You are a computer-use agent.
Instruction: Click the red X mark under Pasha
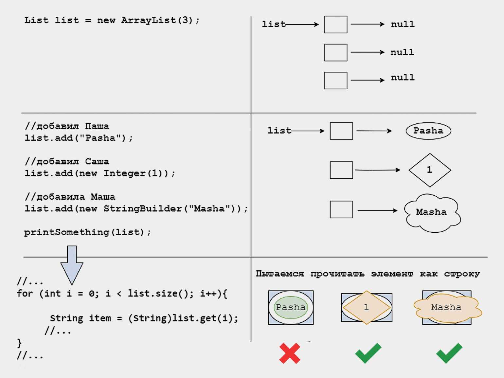point(290,353)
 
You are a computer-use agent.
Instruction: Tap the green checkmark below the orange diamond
point(368,353)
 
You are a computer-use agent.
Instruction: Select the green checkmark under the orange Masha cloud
point(449,353)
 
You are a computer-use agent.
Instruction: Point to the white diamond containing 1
point(430,170)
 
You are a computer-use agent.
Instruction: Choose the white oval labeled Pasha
point(428,131)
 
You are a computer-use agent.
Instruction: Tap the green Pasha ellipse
point(290,307)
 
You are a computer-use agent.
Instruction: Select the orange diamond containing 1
point(366,307)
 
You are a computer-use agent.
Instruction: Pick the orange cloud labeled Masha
point(447,308)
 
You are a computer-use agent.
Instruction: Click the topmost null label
point(403,24)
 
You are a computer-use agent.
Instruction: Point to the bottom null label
point(403,78)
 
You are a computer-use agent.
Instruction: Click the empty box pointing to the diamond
point(341,170)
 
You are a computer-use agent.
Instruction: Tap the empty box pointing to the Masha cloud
point(341,209)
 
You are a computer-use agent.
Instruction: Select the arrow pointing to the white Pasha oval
point(374,131)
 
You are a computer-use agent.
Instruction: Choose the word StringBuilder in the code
point(142,209)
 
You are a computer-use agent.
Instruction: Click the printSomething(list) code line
point(87,232)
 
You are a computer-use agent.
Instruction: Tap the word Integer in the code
point(124,173)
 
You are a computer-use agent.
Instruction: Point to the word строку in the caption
point(462,274)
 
